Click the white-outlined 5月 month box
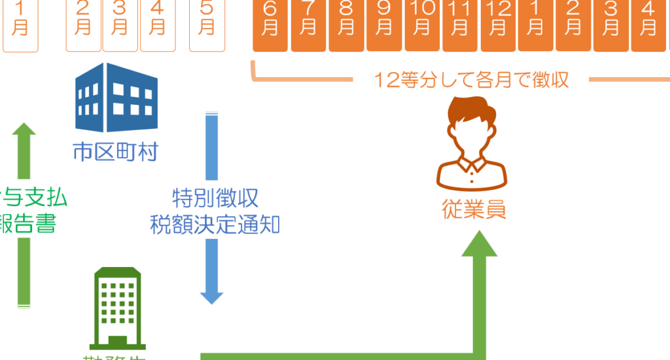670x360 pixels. [x=207, y=25]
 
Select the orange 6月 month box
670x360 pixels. [x=271, y=25]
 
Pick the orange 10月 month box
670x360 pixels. [x=422, y=25]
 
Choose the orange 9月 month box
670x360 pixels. [x=384, y=25]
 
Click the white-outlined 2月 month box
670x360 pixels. [x=84, y=25]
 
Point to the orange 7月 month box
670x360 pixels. [x=308, y=25]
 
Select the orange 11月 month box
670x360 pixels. [x=459, y=25]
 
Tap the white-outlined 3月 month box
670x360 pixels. [x=120, y=25]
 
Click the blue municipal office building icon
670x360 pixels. [x=116, y=98]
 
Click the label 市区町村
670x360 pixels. [x=115, y=153]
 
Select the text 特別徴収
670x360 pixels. [x=215, y=196]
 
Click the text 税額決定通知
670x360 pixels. [x=215, y=225]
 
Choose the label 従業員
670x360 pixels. [x=474, y=211]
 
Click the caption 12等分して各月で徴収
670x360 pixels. [x=471, y=80]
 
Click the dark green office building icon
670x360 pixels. [x=115, y=308]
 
